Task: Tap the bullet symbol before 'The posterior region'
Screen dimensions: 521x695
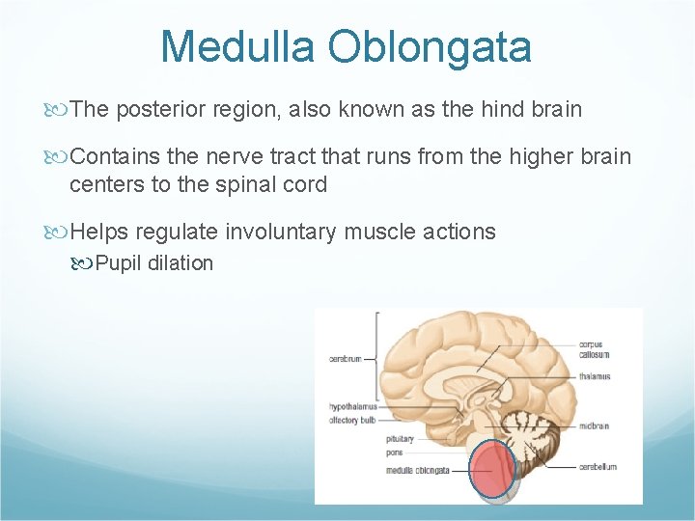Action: (60, 109)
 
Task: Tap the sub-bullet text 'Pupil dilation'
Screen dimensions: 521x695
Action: (153, 263)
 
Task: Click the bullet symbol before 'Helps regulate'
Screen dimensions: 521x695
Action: (60, 232)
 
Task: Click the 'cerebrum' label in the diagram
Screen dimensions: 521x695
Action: (346, 359)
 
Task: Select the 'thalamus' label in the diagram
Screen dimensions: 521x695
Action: (595, 377)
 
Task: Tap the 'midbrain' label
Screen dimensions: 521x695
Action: (593, 425)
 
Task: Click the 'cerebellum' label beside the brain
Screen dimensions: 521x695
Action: (598, 467)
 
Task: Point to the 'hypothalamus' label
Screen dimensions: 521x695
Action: (352, 407)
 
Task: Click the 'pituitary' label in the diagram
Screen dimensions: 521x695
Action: (400, 439)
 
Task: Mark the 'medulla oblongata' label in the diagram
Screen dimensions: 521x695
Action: (417, 470)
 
